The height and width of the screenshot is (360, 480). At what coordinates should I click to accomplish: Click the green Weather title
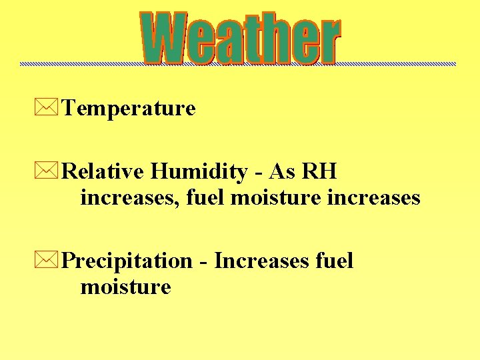pyautogui.click(x=240, y=39)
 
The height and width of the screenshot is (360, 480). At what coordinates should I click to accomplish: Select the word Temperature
pyautogui.click(x=129, y=108)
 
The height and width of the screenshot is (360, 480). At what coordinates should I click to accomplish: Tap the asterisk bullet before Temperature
pyautogui.click(x=51, y=107)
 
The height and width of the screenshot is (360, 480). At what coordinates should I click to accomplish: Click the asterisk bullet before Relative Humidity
pyautogui.click(x=51, y=172)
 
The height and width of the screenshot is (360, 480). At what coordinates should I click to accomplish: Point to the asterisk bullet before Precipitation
pyautogui.click(x=51, y=261)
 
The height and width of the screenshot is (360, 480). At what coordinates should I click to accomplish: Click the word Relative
pyautogui.click(x=103, y=172)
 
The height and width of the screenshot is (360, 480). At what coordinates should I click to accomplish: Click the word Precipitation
pyautogui.click(x=127, y=261)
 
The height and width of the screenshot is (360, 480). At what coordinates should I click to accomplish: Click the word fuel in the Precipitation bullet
pyautogui.click(x=335, y=261)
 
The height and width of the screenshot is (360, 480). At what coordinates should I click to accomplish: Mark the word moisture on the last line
pyautogui.click(x=125, y=287)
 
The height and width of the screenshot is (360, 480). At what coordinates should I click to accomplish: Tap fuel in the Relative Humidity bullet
pyautogui.click(x=203, y=198)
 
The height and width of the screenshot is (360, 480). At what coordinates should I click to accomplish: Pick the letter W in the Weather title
pyautogui.click(x=164, y=39)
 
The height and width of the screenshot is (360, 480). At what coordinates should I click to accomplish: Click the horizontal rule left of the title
pyautogui.click(x=80, y=64)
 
